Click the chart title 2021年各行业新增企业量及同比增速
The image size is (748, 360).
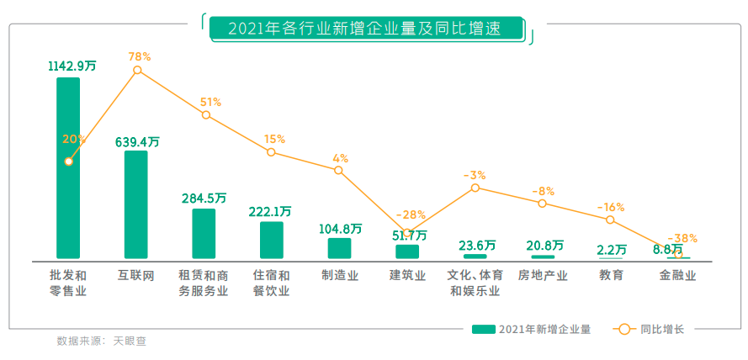(364, 29)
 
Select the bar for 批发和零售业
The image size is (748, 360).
(68, 168)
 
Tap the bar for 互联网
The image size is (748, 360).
(135, 204)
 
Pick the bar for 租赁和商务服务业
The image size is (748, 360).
(204, 233)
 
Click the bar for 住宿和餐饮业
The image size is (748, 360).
(271, 240)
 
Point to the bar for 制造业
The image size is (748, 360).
(339, 248)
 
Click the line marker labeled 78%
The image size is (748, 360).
(138, 71)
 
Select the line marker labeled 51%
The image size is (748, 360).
(206, 114)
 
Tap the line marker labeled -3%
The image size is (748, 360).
(475, 188)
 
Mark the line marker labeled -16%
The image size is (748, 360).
(610, 220)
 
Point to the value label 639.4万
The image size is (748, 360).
(136, 141)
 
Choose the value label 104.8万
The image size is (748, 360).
(340, 228)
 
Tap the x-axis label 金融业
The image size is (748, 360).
(677, 275)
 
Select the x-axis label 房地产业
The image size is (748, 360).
(543, 275)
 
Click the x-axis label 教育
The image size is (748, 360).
(611, 275)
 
